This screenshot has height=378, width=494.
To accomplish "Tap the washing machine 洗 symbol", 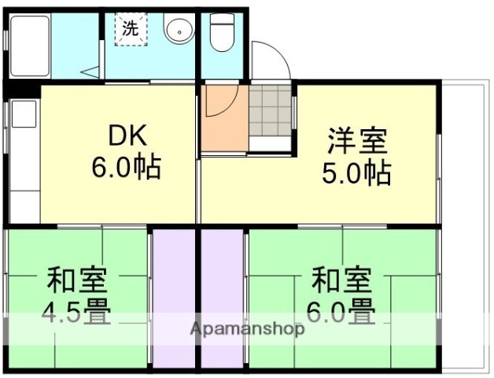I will coord(130,29).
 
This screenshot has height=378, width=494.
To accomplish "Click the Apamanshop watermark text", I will coord(247,329).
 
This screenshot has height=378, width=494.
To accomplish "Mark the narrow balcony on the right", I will coord(463,220).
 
